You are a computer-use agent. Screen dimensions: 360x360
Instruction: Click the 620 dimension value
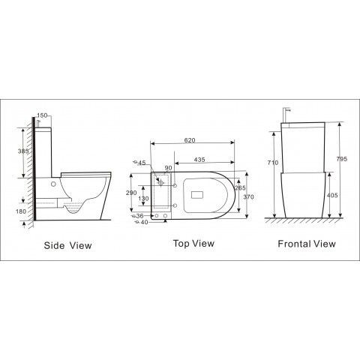click(x=190, y=140)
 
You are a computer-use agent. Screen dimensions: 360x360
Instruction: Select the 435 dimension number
click(x=199, y=160)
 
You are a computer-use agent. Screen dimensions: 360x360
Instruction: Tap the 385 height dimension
click(x=23, y=151)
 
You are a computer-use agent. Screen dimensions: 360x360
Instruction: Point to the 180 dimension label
click(x=21, y=211)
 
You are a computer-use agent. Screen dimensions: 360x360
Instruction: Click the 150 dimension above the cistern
click(x=42, y=115)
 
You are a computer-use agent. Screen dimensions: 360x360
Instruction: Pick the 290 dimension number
click(x=131, y=193)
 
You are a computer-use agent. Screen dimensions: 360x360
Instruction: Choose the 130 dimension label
click(x=143, y=199)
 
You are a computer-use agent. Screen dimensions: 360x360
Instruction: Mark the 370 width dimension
click(x=248, y=197)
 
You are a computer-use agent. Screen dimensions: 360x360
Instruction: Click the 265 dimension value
click(x=240, y=187)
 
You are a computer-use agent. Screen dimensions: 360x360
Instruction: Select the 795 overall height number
click(x=342, y=159)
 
